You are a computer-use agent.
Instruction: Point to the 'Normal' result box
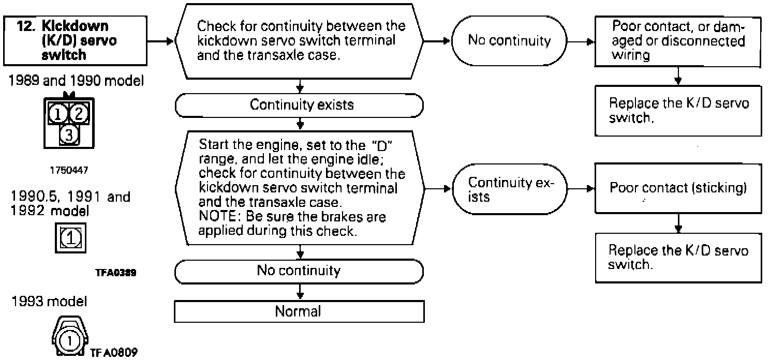pos(298,311)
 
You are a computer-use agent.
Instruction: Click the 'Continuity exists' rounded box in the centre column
pos(300,106)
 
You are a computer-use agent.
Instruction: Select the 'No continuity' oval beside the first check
pos(509,41)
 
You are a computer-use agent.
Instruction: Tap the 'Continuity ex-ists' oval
pos(509,189)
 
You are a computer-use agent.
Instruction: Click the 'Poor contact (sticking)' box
pos(678,188)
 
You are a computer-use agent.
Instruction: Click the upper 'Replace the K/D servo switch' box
pos(678,110)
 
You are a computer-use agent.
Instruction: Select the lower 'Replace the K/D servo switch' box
pos(678,257)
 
